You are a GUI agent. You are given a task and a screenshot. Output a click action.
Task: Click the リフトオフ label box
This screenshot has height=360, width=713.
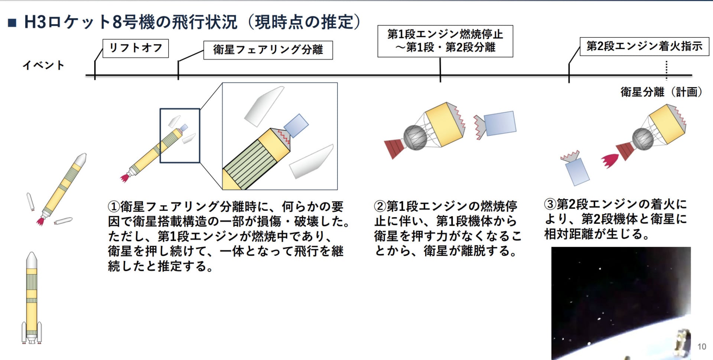point(136,48)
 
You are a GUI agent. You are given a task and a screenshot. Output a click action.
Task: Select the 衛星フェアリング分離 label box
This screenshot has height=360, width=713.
point(268,50)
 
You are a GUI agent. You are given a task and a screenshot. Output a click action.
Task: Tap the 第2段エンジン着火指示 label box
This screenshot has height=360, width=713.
point(644,46)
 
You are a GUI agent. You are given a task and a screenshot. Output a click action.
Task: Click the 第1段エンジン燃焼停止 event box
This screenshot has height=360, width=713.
point(445,41)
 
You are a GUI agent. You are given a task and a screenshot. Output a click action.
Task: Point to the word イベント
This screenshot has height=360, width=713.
point(43,65)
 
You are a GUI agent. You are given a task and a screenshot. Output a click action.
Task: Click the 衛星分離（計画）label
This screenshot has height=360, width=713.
point(661,92)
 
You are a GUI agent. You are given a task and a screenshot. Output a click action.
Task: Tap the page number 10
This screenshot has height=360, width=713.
point(701,347)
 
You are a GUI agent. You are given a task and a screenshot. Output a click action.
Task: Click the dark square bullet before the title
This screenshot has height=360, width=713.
point(12,23)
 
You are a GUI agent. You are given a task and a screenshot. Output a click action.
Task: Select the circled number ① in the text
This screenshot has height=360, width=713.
point(114,206)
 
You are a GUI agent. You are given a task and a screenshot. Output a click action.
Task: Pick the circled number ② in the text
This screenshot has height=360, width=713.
point(380,206)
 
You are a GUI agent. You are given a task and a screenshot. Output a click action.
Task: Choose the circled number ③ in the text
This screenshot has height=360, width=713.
point(550,204)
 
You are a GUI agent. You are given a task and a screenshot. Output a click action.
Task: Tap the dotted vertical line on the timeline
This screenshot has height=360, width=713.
point(667,70)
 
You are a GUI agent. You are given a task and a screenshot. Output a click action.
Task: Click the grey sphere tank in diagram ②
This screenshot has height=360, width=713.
point(415,137)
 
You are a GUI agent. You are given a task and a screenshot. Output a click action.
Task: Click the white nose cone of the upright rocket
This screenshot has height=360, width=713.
point(32,260)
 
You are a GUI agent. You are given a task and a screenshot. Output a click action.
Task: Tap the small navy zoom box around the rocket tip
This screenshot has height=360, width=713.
point(180,135)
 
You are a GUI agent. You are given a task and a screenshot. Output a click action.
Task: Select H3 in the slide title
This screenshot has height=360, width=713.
point(35,22)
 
